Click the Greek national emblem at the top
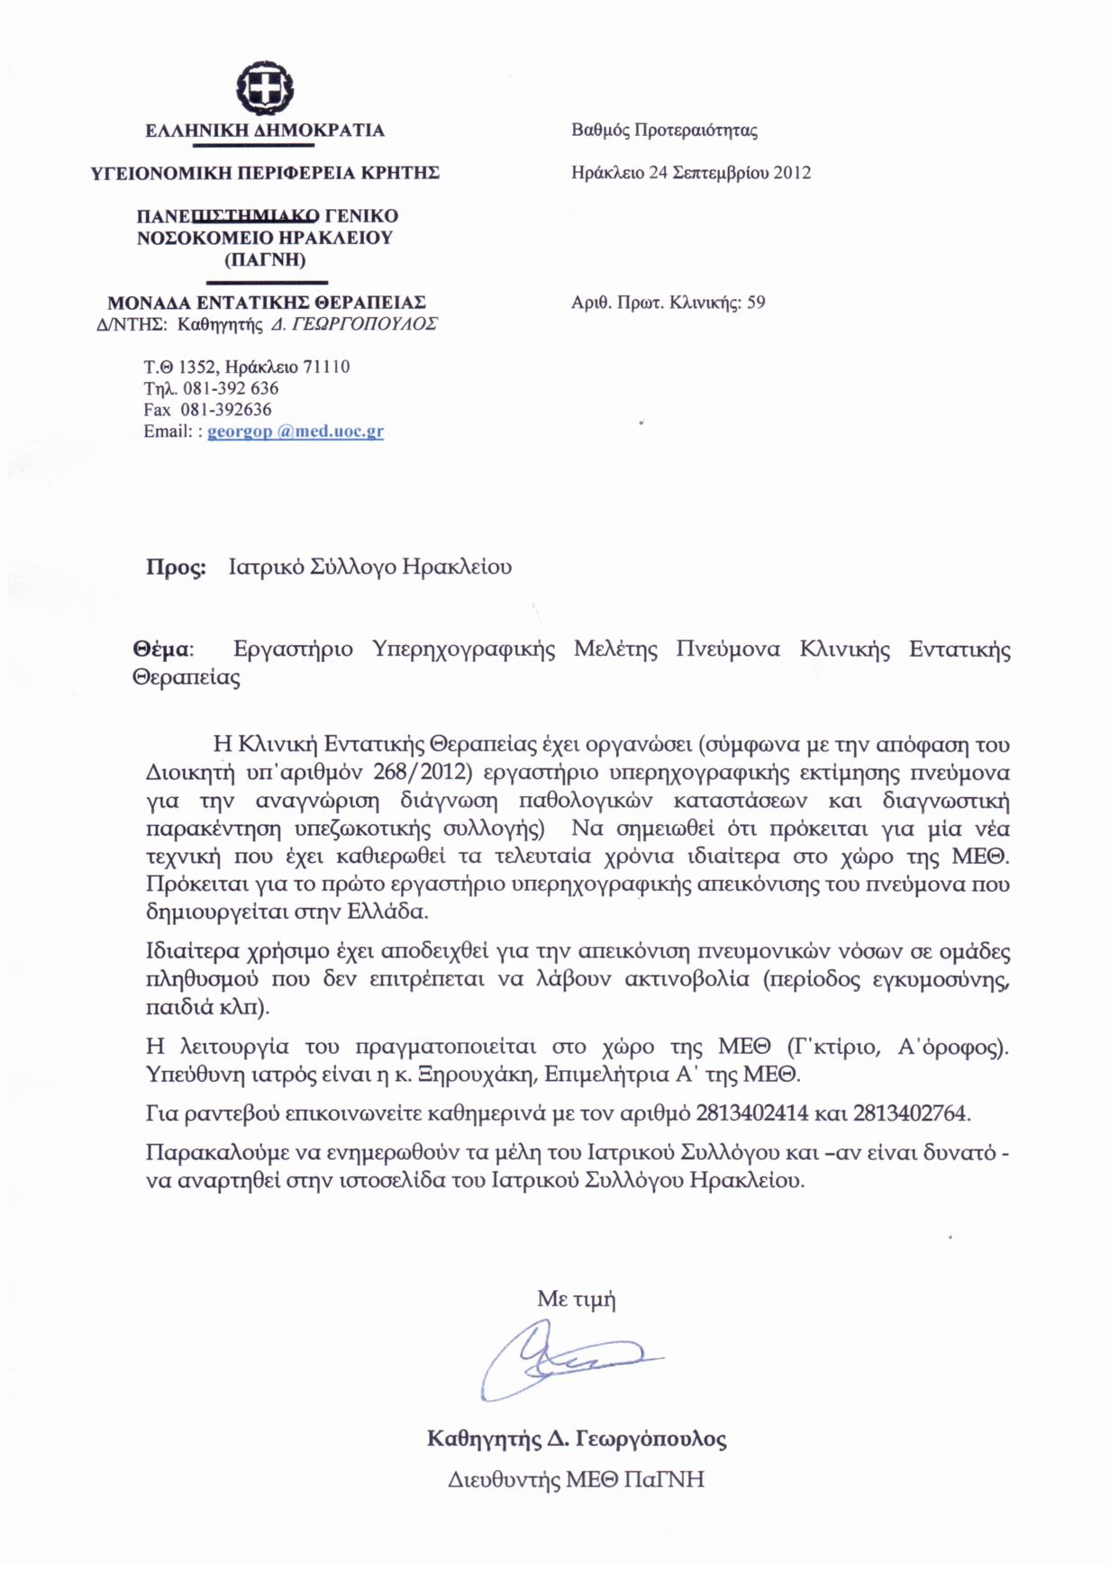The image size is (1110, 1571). [265, 88]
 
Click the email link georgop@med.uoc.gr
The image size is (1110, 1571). [296, 431]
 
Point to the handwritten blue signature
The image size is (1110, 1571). [559, 1358]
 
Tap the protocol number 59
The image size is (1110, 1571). [756, 303]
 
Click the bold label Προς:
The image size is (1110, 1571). [176, 568]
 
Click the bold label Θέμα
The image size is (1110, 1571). [161, 649]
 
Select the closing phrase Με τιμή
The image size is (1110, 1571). [577, 1299]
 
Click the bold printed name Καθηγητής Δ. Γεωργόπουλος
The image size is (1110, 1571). [577, 1439]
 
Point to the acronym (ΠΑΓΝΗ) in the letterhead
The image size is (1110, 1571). [265, 260]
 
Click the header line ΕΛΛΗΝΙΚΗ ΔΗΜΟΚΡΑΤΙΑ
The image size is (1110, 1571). [265, 131]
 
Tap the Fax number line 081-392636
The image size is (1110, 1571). [226, 410]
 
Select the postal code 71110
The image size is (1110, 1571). [327, 368]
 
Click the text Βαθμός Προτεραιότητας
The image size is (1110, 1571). [664, 131]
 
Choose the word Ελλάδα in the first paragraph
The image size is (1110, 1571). [387, 912]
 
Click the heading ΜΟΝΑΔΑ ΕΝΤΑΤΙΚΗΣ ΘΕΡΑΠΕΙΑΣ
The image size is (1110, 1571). [267, 303]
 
